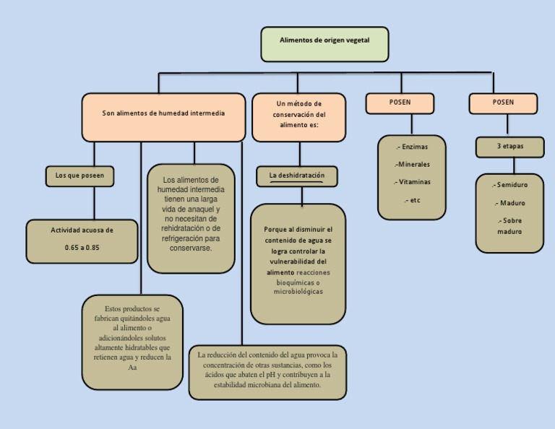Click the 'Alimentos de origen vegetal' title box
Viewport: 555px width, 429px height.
click(324, 44)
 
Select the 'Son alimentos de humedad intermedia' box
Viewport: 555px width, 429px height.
click(163, 118)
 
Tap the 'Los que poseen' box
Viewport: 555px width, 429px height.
click(79, 176)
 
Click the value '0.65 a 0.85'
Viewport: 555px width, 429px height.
click(82, 248)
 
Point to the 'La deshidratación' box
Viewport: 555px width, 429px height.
click(297, 176)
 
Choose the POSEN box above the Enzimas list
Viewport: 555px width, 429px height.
click(400, 103)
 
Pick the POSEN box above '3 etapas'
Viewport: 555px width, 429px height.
click(503, 103)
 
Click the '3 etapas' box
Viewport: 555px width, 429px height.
click(510, 147)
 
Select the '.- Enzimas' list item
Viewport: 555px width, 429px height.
click(412, 147)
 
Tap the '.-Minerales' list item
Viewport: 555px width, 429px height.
click(412, 165)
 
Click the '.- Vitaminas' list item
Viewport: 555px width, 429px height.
click(412, 182)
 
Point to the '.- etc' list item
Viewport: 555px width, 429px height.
click(412, 200)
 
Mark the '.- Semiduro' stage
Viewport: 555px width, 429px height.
click(509, 185)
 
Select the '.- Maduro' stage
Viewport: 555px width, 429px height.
click(510, 203)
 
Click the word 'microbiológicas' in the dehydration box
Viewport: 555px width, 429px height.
click(298, 292)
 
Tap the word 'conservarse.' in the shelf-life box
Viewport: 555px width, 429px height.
click(191, 248)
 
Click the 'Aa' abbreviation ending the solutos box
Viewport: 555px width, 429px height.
click(132, 368)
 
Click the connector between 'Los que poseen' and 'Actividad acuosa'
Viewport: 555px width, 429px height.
click(94, 203)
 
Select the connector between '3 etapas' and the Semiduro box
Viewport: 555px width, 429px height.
click(514, 166)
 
